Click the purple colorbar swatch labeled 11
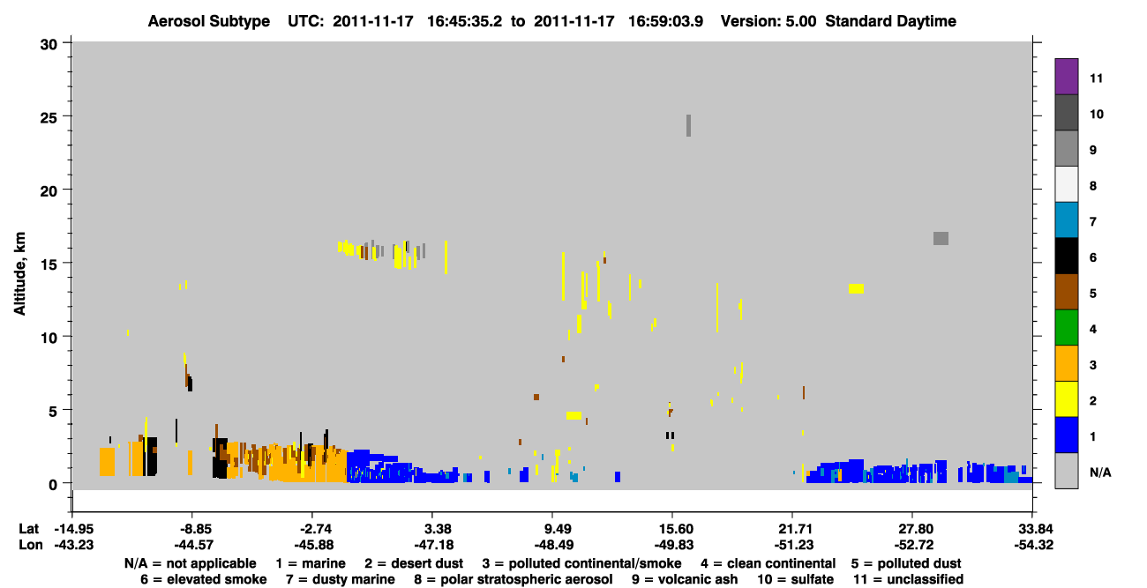[x=1066, y=76]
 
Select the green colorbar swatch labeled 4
[x=1066, y=328]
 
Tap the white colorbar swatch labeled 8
[x=1066, y=183]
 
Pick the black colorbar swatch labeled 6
[x=1066, y=256]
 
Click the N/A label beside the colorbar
[x=1100, y=473]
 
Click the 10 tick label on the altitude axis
[x=49, y=338]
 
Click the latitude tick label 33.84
[x=1034, y=529]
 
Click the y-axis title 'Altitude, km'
[x=19, y=273]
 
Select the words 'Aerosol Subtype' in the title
[x=209, y=21]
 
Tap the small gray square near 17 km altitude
[x=941, y=239]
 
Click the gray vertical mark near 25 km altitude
[x=689, y=125]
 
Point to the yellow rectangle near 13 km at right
[x=856, y=288]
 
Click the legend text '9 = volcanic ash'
[x=685, y=579]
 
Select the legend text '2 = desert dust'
[x=414, y=563]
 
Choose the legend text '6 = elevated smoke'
[x=204, y=579]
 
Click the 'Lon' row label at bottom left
[x=31, y=545]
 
